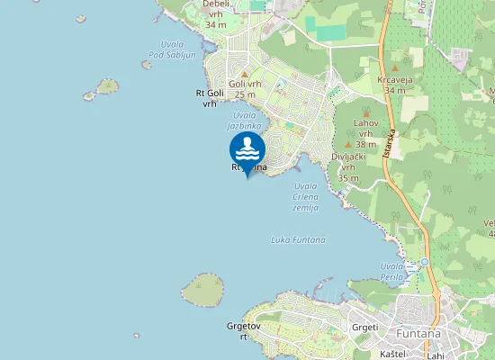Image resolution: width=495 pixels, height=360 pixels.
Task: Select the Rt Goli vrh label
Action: pyautogui.click(x=210, y=97)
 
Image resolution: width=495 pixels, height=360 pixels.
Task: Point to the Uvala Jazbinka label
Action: pyautogui.click(x=245, y=121)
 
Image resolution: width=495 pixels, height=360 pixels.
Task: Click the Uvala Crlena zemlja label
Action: pyautogui.click(x=305, y=197)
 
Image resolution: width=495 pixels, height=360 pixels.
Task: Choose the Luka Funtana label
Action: pyautogui.click(x=298, y=239)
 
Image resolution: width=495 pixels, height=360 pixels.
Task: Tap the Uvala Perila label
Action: pyautogui.click(x=392, y=272)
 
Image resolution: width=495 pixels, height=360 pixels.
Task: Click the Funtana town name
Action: pyautogui.click(x=418, y=333)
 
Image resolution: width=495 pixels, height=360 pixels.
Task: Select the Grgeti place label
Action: pyautogui.click(x=364, y=327)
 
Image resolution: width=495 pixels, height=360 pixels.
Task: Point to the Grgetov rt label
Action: pyautogui.click(x=243, y=331)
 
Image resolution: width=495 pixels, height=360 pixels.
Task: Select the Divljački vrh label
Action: pyautogui.click(x=347, y=166)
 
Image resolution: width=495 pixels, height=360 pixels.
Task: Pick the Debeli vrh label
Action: pyautogui.click(x=216, y=13)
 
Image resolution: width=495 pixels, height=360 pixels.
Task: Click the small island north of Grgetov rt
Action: pyautogui.click(x=203, y=290)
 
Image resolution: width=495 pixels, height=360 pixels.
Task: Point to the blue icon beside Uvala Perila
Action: pyautogui.click(x=424, y=263)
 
